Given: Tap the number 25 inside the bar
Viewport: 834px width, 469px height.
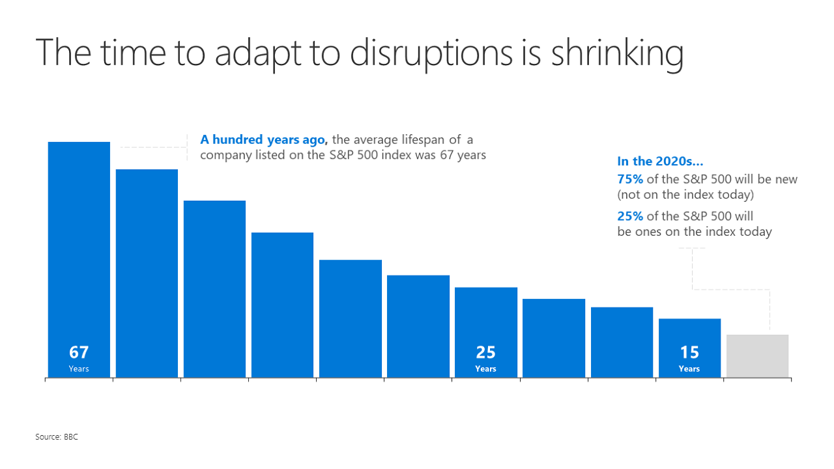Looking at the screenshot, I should tap(485, 352).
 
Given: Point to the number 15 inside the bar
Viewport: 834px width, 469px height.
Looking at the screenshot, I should tap(689, 352).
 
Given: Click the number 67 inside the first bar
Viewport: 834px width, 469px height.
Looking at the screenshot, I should tap(79, 352).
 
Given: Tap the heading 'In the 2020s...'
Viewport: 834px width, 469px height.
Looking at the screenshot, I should tap(660, 162).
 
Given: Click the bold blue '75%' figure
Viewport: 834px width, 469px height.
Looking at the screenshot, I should tap(630, 179).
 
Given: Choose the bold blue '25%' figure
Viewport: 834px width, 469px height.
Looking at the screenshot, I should tap(630, 216).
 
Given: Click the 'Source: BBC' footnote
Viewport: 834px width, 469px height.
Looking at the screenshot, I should tap(57, 436).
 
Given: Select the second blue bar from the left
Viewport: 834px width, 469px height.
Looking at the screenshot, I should tap(147, 274).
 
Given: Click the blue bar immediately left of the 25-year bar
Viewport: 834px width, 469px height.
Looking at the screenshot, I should tap(418, 326).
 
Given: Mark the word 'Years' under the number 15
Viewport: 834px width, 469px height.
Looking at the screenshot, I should tap(689, 369).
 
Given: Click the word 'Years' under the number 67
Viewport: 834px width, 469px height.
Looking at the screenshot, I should tap(79, 369).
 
